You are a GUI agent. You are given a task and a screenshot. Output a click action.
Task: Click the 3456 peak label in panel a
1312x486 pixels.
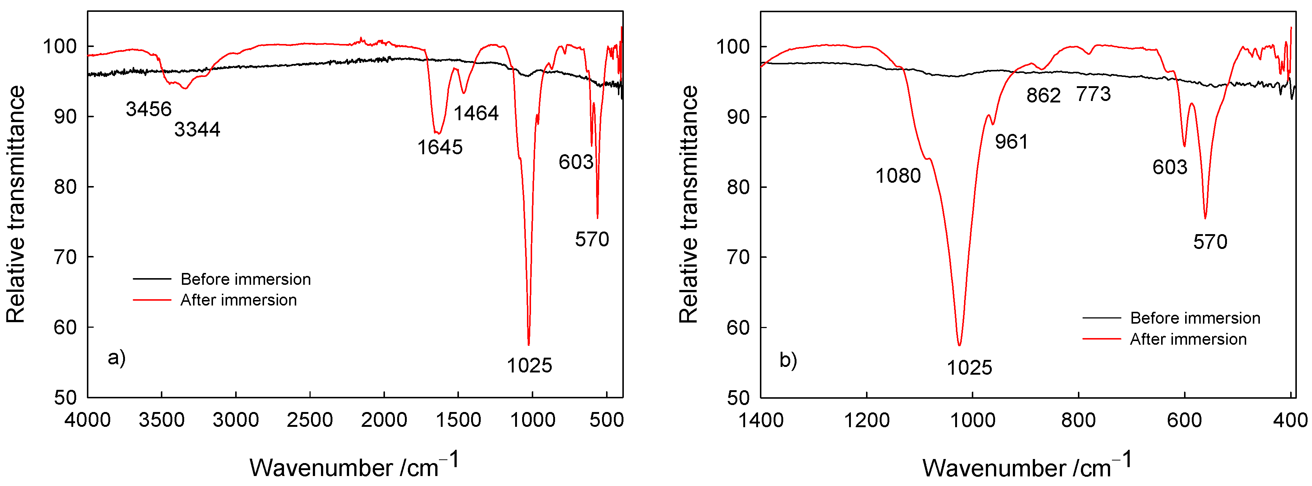(x=148, y=109)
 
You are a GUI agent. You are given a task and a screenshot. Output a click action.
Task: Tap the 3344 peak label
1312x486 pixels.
(x=197, y=129)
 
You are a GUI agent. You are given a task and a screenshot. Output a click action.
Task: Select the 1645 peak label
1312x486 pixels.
(x=440, y=147)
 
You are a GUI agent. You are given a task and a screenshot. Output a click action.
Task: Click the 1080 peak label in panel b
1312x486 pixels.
(x=898, y=176)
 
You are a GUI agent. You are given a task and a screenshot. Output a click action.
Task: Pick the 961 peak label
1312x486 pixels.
(x=1011, y=142)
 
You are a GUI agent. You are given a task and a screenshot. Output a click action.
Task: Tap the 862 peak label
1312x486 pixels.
(x=1043, y=95)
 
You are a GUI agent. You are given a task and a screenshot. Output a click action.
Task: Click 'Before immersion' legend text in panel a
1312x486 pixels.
(x=246, y=279)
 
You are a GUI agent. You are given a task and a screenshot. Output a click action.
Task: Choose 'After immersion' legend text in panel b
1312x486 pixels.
(x=1188, y=339)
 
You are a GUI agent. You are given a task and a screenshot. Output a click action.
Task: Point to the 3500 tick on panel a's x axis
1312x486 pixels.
(x=162, y=420)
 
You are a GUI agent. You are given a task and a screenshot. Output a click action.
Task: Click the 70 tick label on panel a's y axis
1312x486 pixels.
(x=65, y=257)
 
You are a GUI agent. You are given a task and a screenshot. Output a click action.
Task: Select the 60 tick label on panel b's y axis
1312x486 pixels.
(x=738, y=327)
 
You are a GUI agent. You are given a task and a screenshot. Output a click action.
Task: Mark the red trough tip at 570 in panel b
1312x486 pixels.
(x=1205, y=218)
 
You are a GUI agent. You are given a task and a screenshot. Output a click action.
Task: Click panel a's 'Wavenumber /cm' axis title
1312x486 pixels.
(x=354, y=466)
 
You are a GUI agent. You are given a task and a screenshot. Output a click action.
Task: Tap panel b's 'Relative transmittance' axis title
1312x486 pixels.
(x=688, y=204)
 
